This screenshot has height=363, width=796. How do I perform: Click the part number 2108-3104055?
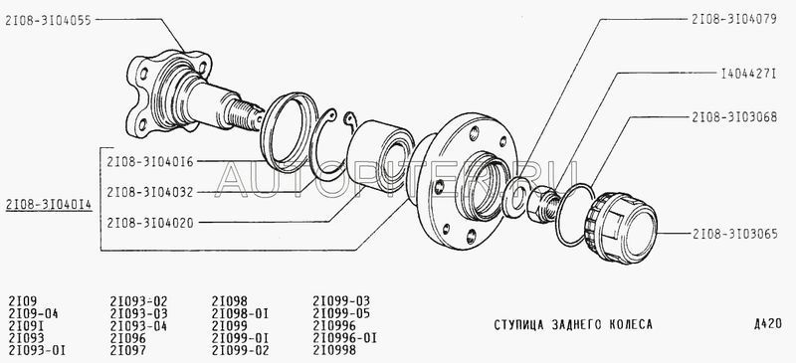[48, 20]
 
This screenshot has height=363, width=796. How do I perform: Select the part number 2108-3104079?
[734, 19]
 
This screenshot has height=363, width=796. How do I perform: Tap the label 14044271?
[749, 74]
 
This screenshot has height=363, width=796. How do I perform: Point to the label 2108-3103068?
[734, 117]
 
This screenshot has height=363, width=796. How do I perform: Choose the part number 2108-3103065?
[734, 234]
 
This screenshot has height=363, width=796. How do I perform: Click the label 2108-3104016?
[150, 162]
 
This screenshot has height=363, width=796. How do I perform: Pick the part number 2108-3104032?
[150, 192]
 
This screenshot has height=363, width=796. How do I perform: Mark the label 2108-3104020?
[150, 223]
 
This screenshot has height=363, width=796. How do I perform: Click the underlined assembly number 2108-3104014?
[49, 205]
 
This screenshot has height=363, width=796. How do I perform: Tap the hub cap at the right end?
[620, 228]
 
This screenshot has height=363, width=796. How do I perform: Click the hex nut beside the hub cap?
[542, 204]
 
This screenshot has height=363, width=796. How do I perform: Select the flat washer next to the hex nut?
[514, 197]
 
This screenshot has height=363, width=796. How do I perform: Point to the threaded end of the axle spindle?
[245, 114]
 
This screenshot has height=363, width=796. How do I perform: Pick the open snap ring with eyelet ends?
[330, 144]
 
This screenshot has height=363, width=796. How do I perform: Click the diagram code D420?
[768, 324]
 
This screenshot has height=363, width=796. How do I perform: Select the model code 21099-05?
[341, 313]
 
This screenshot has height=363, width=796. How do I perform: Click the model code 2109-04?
[34, 313]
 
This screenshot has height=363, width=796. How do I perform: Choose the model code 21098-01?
[240, 313]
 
